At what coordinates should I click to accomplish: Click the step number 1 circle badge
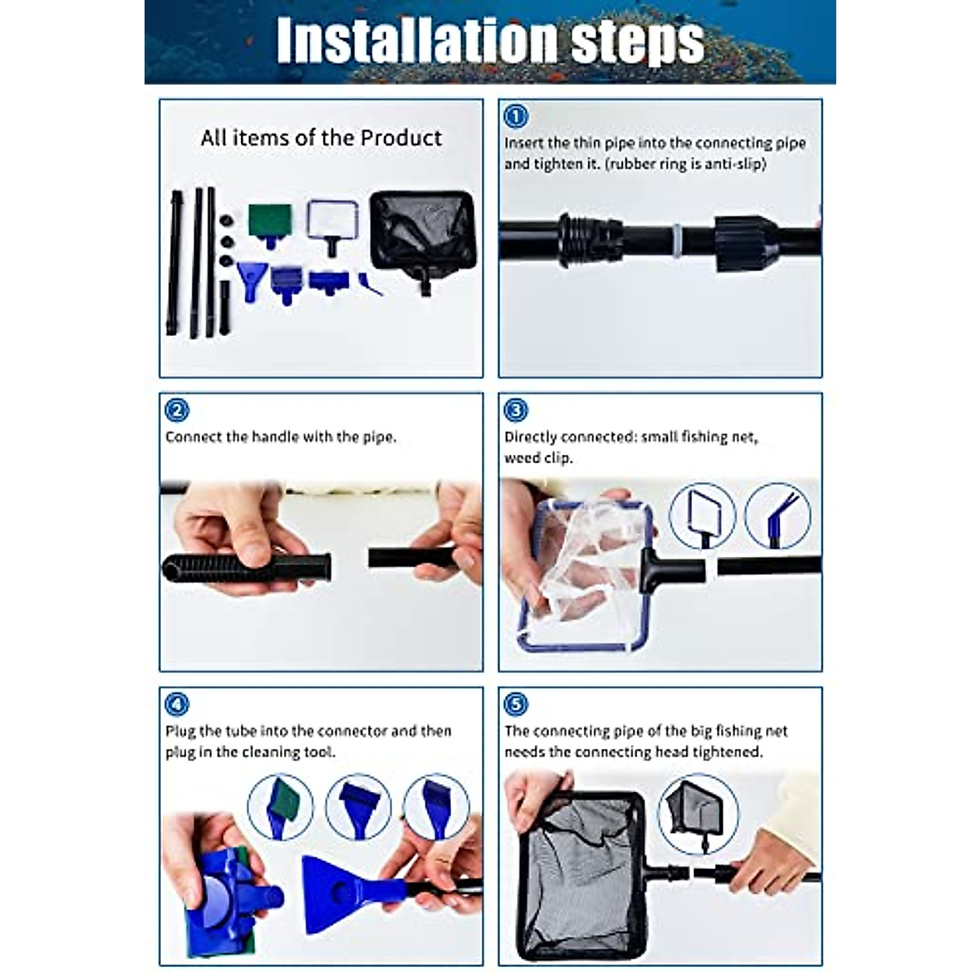[x=515, y=116]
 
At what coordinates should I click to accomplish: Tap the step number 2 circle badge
[x=176, y=410]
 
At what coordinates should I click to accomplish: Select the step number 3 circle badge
[x=515, y=410]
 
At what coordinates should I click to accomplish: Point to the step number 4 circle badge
[x=176, y=704]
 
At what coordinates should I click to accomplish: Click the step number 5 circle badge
[x=515, y=704]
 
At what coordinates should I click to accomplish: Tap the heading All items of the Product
[x=321, y=138]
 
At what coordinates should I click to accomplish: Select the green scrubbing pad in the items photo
[x=270, y=219]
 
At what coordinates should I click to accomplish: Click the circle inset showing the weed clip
[x=777, y=516]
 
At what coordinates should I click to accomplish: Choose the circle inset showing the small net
[x=702, y=516]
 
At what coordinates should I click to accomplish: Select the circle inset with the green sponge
[x=280, y=807]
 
